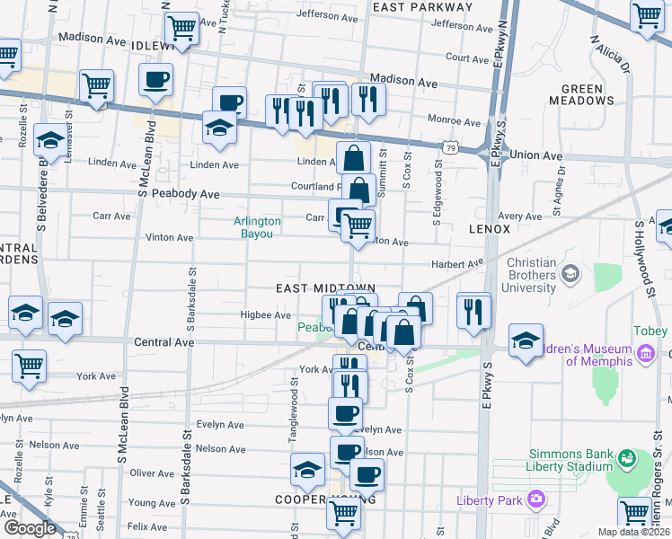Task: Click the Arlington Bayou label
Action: coord(257,227)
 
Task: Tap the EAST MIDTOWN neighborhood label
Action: coord(324,287)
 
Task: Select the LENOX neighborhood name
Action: coord(490,229)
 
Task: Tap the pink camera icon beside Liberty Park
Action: coord(536,499)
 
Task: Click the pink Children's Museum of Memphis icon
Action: coord(644,356)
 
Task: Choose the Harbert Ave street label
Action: coord(457,264)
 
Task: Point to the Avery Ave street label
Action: coord(519,216)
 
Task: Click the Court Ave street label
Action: coord(466,57)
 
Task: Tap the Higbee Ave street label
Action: coord(265,315)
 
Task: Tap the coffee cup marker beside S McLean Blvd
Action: coord(155,80)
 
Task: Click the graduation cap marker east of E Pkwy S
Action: coord(526,341)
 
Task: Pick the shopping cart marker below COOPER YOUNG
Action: coord(342,512)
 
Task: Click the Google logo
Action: coord(30,529)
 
